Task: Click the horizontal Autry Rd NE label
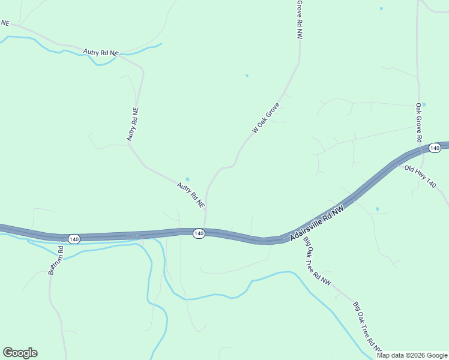coord(100,53)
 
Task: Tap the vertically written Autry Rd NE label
coord(133,125)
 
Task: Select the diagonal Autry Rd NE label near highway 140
coord(191,196)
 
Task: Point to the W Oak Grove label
coord(266,118)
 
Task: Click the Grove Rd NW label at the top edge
coord(298,19)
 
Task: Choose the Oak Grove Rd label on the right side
coord(418,122)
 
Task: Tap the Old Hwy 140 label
coord(420,177)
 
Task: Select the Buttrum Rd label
coord(55,260)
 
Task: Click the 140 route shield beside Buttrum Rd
coord(73,239)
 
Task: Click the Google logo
coord(20,353)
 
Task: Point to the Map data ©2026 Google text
coord(412,355)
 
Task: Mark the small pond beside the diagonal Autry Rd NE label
coord(188,179)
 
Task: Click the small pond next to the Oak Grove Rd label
coord(423,104)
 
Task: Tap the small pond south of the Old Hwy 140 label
coord(377,209)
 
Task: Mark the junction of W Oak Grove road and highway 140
coord(205,229)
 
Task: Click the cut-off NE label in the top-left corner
coord(5,23)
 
